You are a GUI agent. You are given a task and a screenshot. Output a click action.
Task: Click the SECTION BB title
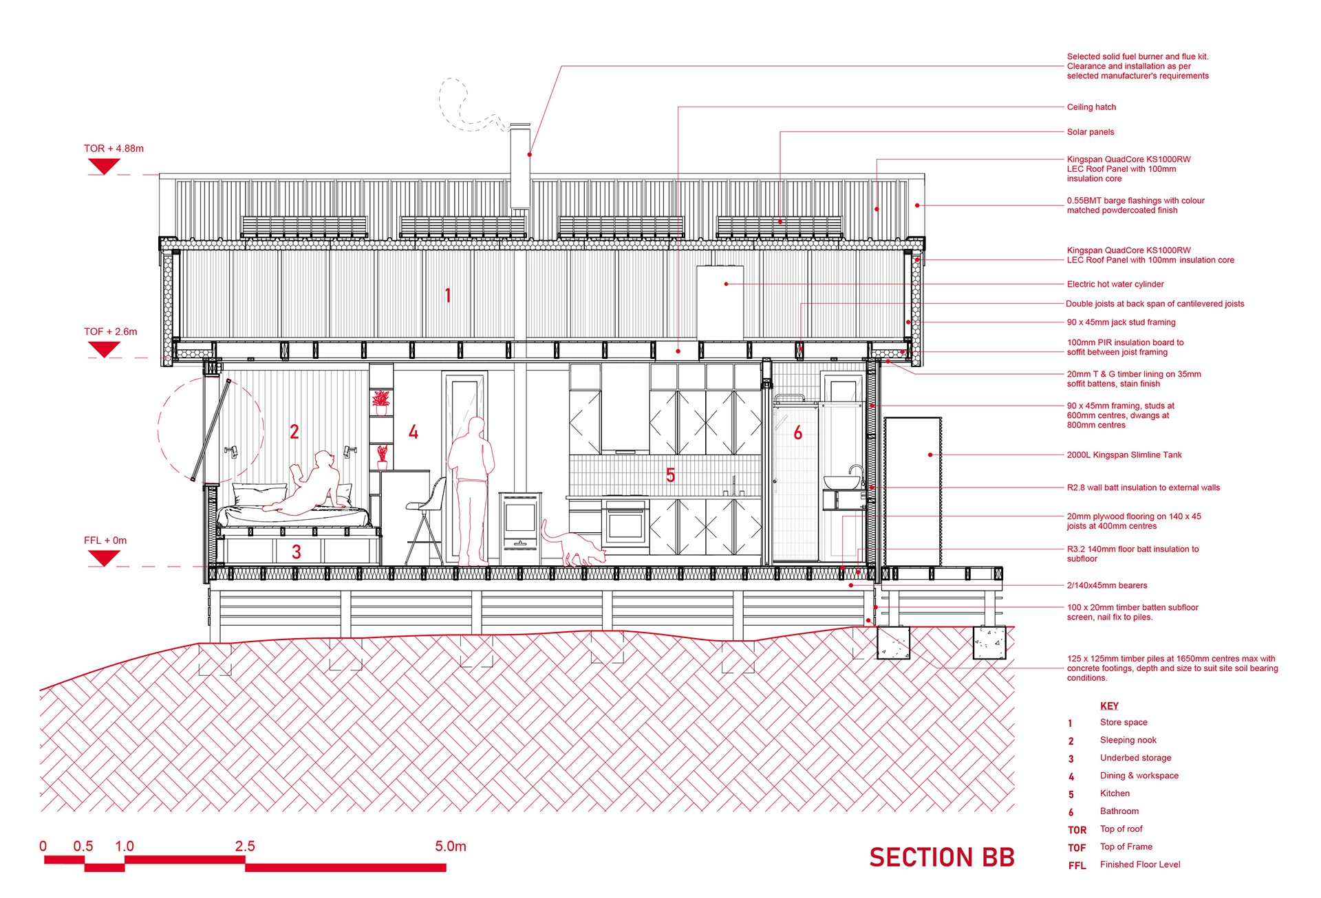tap(941, 857)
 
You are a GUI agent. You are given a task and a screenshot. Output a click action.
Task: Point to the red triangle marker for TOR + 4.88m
tap(104, 166)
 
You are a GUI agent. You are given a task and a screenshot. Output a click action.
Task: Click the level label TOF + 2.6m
tap(110, 331)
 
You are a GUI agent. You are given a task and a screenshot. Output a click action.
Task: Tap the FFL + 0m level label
tap(105, 540)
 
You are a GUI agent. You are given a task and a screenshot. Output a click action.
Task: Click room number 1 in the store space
tap(448, 296)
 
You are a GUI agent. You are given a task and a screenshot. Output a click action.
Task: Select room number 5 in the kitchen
tap(670, 475)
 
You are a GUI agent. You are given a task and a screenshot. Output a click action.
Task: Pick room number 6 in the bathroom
tap(797, 432)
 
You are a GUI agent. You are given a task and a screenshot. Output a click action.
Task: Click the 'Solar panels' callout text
tap(1090, 132)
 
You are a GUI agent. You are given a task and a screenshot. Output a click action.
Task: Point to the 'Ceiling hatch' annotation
tap(1091, 107)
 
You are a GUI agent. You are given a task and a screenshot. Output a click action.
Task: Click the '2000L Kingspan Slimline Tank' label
tap(1124, 455)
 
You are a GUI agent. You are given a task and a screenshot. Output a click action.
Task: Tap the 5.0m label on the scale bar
tap(450, 846)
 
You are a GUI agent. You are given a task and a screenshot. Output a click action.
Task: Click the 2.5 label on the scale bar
tap(244, 846)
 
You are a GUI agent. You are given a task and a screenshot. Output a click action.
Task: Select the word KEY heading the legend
tap(1109, 706)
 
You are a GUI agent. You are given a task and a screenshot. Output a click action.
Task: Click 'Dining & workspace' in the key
tap(1139, 776)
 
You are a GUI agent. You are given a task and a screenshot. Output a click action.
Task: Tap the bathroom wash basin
tap(841, 482)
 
